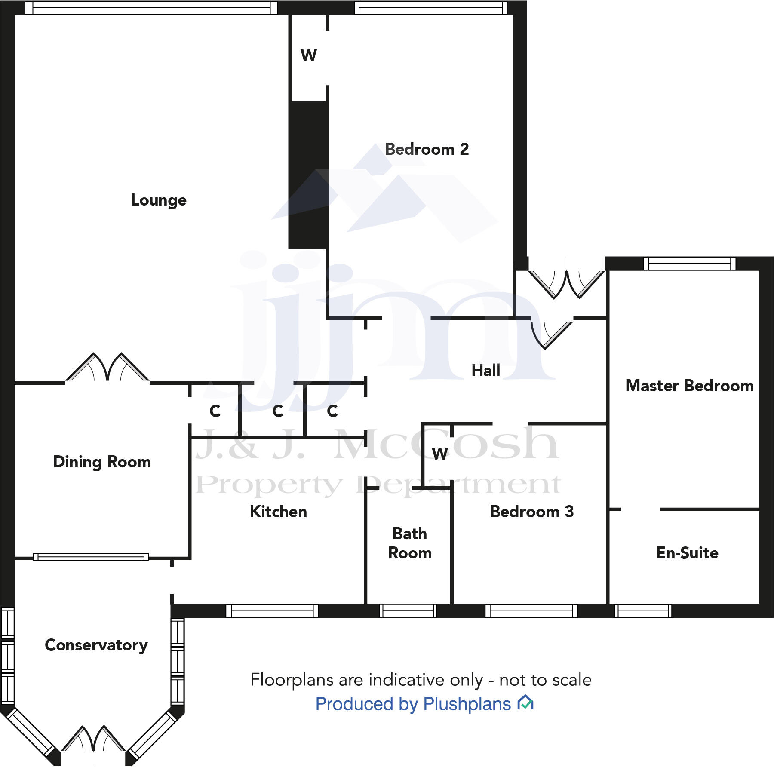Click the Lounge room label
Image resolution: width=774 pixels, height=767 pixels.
click(159, 200)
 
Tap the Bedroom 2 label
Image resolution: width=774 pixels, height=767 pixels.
click(427, 149)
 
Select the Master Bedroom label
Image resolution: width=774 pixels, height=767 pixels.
click(689, 386)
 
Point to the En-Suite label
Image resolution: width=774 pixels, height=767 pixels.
click(687, 552)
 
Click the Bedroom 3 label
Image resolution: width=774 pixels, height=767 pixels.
click(531, 512)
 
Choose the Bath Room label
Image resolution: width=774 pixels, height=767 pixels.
click(410, 543)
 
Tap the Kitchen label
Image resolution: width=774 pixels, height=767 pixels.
click(278, 512)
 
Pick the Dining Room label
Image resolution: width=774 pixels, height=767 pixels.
click(102, 462)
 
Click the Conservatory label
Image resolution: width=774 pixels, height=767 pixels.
click(96, 645)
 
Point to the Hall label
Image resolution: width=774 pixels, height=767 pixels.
click(485, 371)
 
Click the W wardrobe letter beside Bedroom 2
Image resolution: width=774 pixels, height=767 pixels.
click(309, 55)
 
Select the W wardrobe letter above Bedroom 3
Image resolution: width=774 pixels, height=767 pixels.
click(439, 454)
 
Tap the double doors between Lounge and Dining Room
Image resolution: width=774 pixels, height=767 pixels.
click(107, 369)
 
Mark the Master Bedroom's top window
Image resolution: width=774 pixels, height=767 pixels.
click(689, 263)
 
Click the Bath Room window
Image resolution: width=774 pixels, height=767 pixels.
click(408, 611)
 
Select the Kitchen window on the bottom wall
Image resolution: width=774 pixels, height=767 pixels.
click(272, 611)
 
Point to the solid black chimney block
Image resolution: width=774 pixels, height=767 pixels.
click(308, 175)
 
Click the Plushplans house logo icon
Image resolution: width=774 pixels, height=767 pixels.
click(525, 703)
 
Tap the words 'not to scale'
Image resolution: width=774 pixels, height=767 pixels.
click(545, 680)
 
